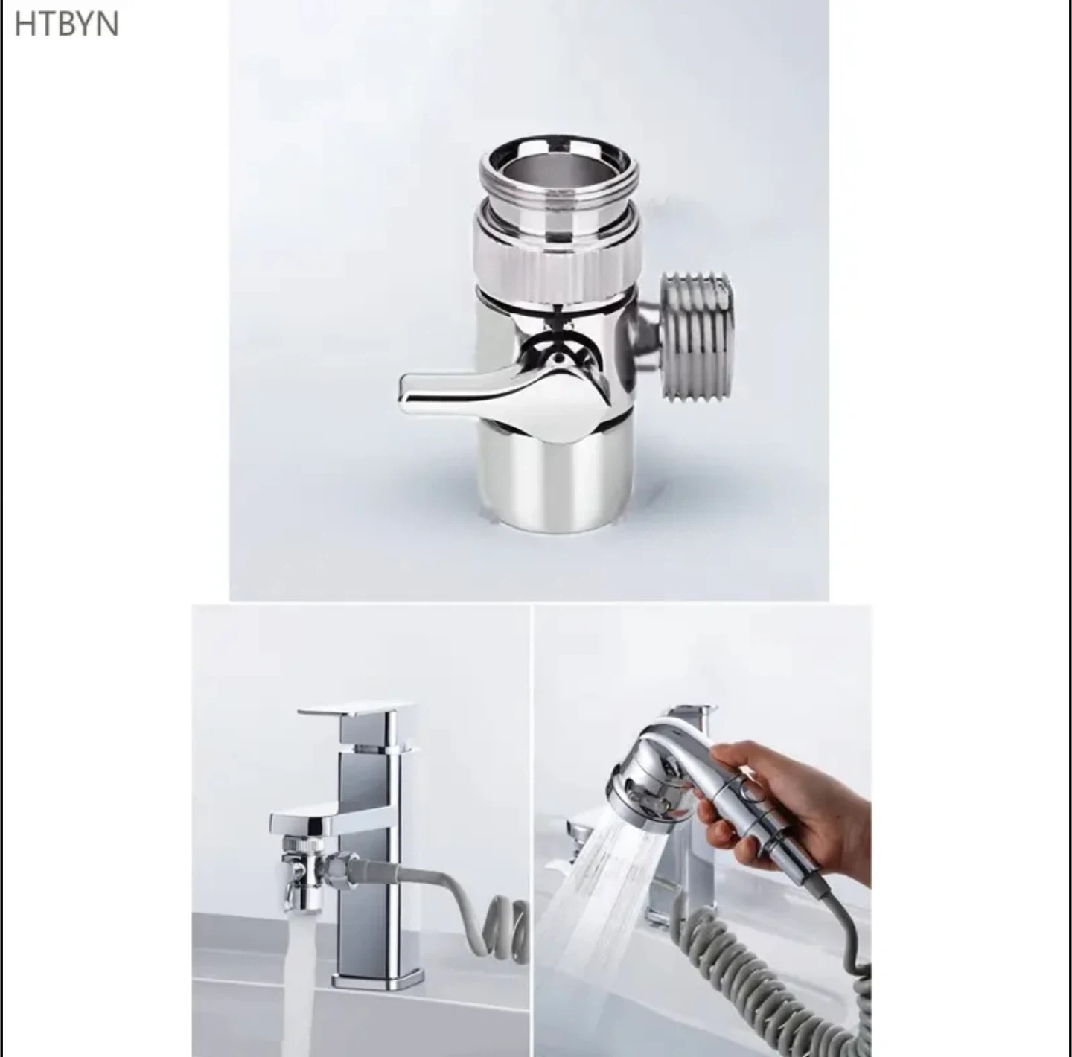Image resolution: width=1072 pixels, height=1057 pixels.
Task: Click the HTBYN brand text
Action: pyautogui.click(x=66, y=25)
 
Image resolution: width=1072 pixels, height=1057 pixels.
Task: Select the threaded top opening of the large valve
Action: pyautogui.click(x=558, y=173)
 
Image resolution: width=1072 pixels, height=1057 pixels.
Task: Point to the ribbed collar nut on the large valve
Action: pyautogui.click(x=558, y=257)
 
